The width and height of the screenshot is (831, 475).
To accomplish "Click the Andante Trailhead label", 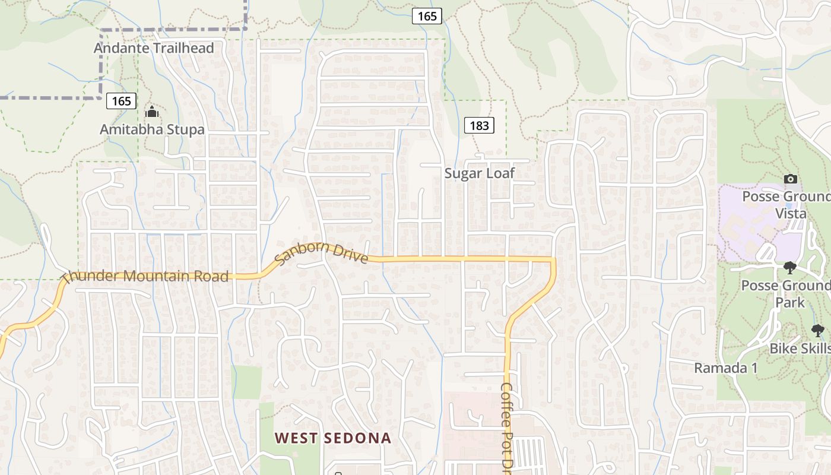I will (154, 48).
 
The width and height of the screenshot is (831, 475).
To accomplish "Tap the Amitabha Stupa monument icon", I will (152, 111).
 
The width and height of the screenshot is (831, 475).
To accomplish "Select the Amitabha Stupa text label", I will (152, 129).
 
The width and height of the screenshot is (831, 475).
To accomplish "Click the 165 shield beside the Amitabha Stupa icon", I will (122, 101).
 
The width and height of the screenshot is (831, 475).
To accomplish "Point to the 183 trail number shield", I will (479, 125).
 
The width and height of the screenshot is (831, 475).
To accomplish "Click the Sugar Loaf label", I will (480, 173).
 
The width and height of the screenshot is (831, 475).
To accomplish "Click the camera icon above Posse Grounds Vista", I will (790, 179).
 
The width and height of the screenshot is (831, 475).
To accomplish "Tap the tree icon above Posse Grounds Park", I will (789, 268).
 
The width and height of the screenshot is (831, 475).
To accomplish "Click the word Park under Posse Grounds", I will (790, 302).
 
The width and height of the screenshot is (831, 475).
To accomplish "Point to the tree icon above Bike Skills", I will (817, 331).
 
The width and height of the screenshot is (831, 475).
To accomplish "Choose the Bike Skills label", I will (800, 349).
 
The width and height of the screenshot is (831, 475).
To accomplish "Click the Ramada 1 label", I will (726, 368).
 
